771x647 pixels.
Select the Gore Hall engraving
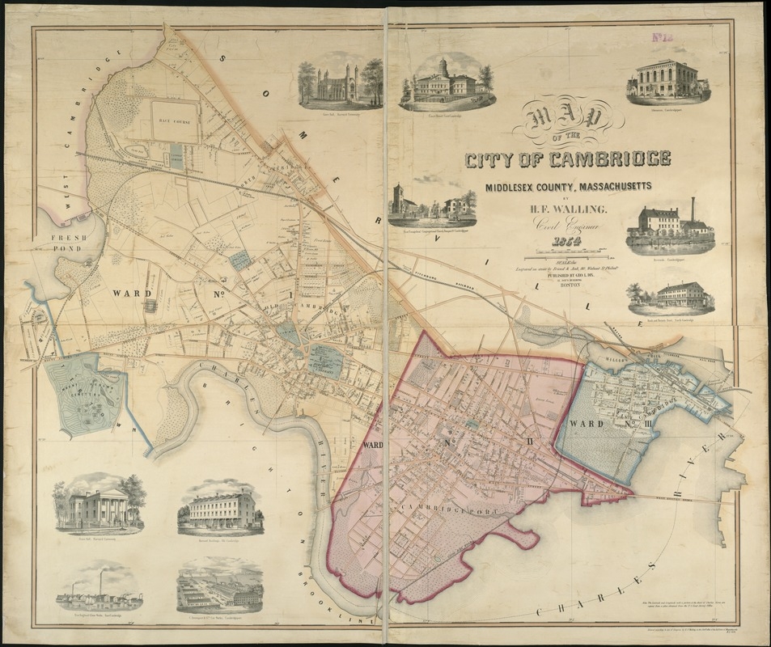(340, 82)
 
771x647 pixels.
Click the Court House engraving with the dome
(446, 82)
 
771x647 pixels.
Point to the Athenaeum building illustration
(667, 79)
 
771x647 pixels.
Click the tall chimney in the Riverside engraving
(693, 209)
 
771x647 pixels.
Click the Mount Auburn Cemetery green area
(85, 395)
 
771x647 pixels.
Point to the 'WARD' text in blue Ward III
(583, 423)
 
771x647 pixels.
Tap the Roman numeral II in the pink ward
(528, 441)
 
